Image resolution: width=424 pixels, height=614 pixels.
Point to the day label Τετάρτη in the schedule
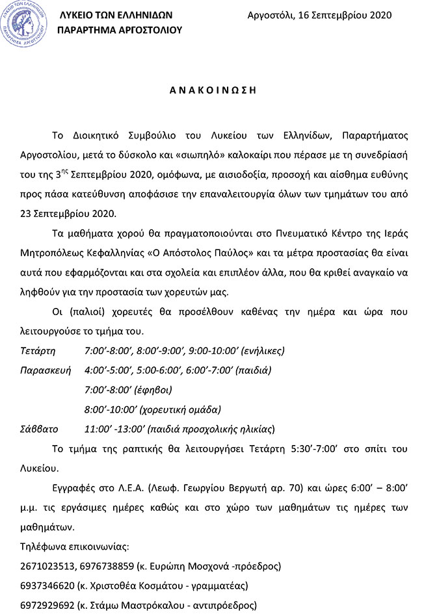pyautogui.click(x=39, y=352)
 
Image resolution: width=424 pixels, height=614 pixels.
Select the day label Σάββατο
pyautogui.click(x=40, y=429)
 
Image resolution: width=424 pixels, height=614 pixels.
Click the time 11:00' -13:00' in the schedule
pyautogui.click(x=113, y=429)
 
